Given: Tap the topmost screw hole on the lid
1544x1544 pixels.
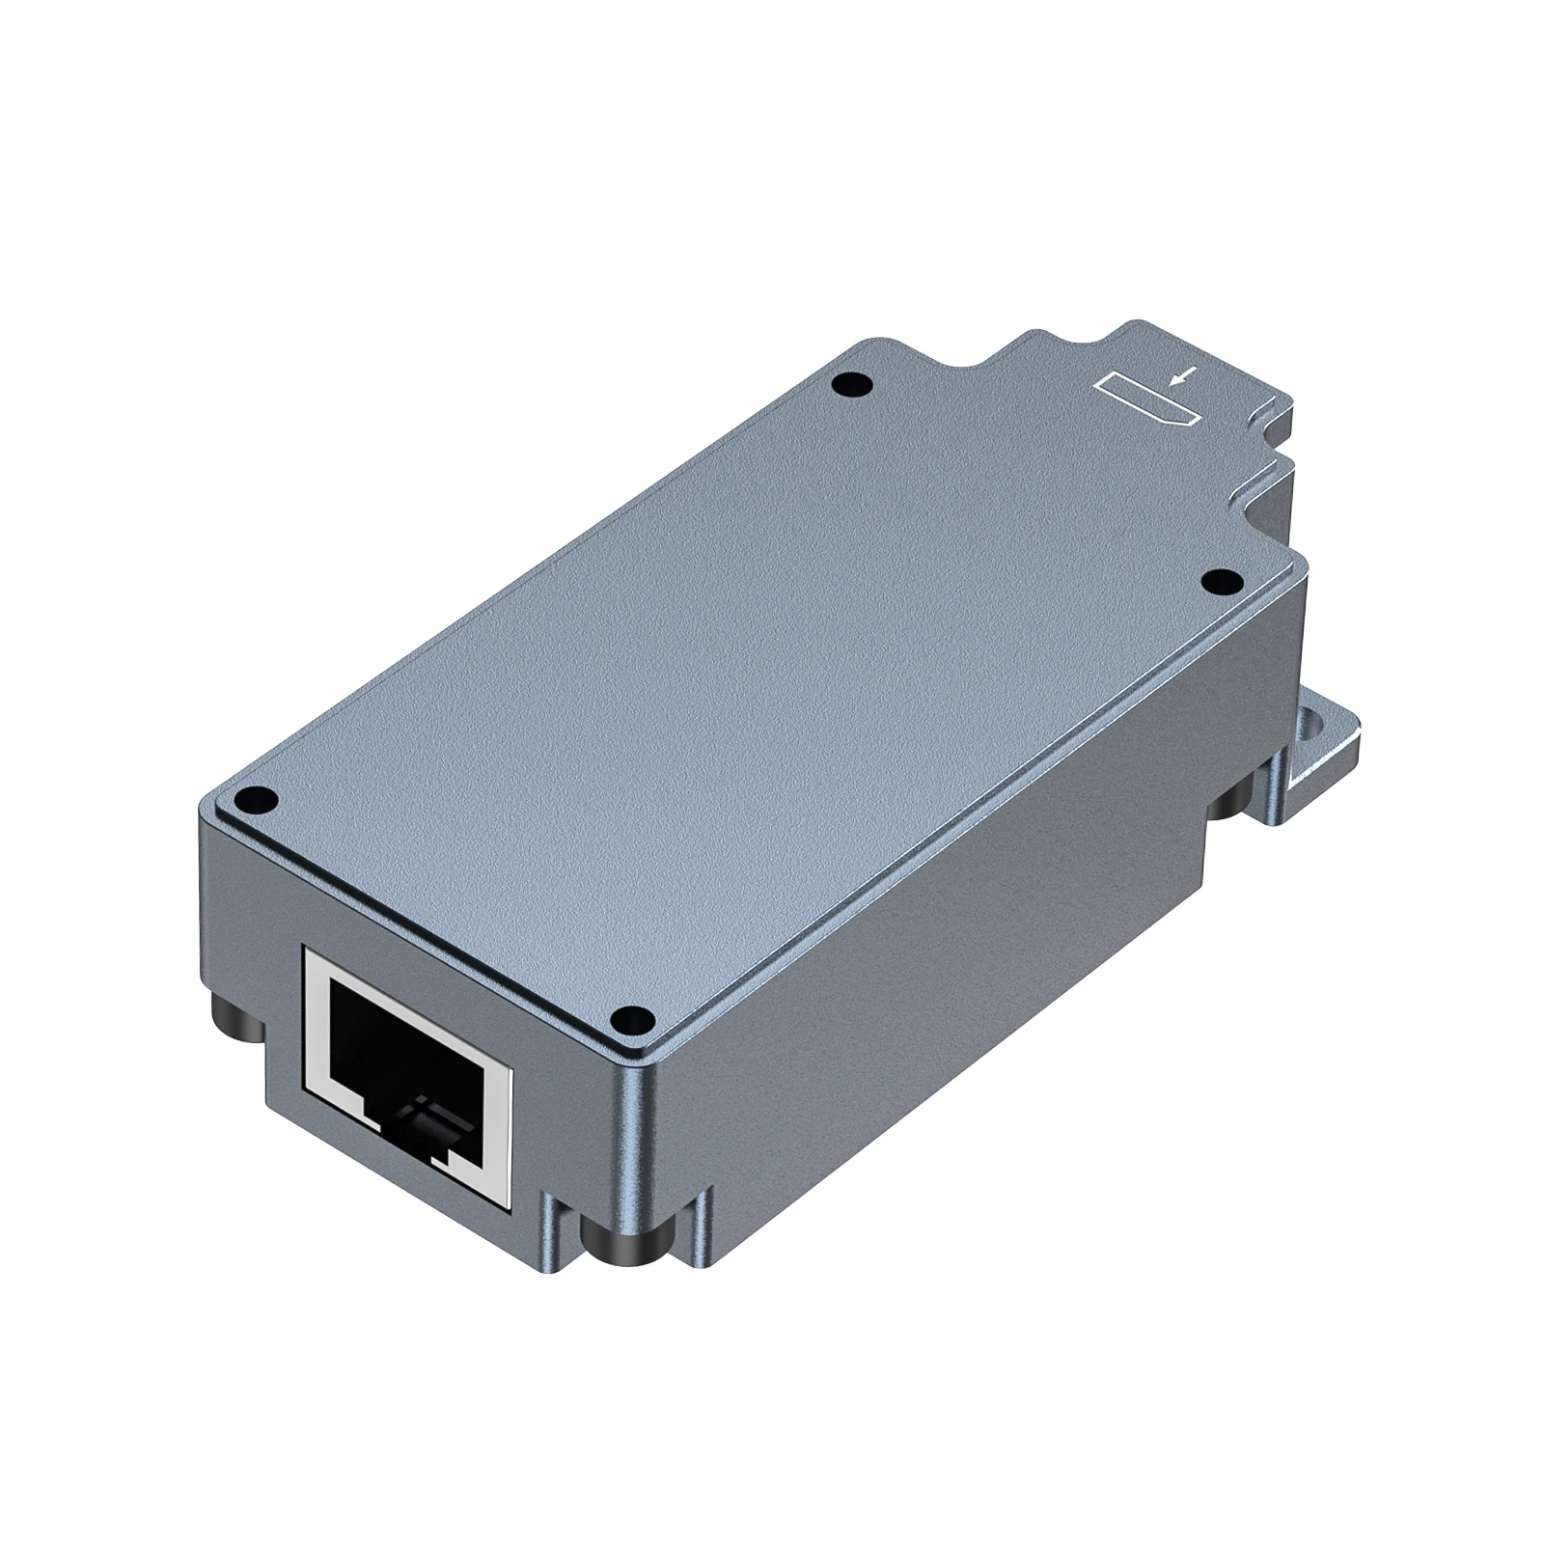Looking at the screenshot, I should point(850,385).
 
